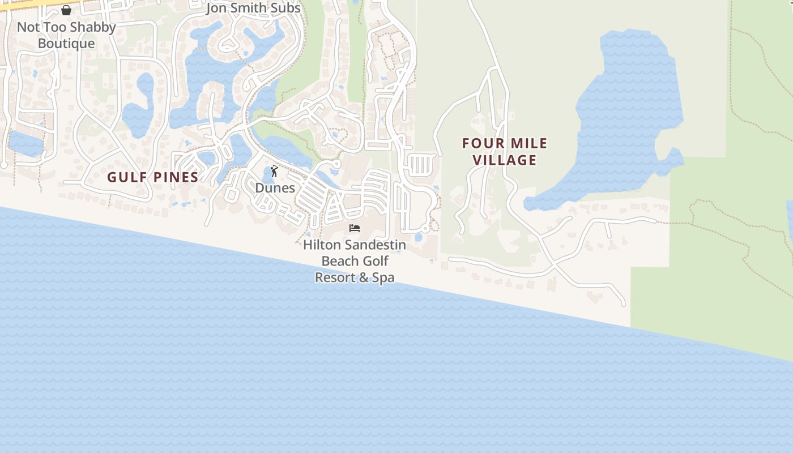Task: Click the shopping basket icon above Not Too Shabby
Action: [x=66, y=10]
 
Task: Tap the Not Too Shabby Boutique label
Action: [x=66, y=35]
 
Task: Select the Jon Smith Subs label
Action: [x=253, y=8]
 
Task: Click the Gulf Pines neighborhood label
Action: [x=153, y=177]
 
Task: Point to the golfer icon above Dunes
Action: [x=275, y=171]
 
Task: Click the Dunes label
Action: [x=275, y=188]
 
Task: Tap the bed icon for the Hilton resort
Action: [x=355, y=228]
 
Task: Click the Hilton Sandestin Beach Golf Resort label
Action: [x=355, y=261]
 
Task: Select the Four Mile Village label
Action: [x=505, y=152]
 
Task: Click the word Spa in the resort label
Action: [x=382, y=277]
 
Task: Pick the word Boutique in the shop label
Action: [x=66, y=44]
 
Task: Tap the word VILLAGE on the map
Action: [x=505, y=160]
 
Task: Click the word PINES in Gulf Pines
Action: [x=174, y=177]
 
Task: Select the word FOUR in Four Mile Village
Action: [x=481, y=144]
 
